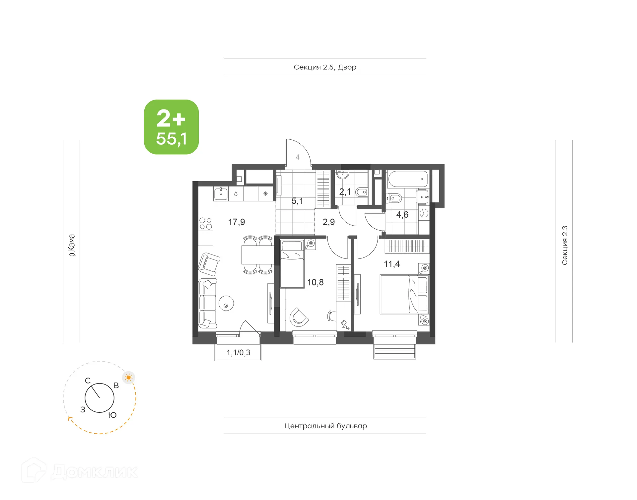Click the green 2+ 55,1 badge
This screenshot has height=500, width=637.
pyautogui.click(x=171, y=127)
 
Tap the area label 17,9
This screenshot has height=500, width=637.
pyautogui.click(x=237, y=222)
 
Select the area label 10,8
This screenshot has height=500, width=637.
pyautogui.click(x=315, y=282)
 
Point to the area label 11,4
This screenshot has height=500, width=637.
pyautogui.click(x=392, y=264)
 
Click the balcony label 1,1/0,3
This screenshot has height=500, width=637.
pyautogui.click(x=238, y=353)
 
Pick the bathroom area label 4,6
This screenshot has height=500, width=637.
pyautogui.click(x=402, y=215)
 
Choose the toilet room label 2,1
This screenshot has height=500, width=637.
pyautogui.click(x=345, y=192)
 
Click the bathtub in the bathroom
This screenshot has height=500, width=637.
pyautogui.click(x=408, y=179)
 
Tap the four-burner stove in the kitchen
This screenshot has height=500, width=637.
pyautogui.click(x=206, y=224)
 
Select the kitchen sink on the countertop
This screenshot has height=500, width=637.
pyautogui.click(x=221, y=193)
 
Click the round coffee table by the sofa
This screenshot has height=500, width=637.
pyautogui.click(x=226, y=303)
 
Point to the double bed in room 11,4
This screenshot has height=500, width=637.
pyautogui.click(x=404, y=294)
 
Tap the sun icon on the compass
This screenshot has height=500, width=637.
pyautogui.click(x=129, y=378)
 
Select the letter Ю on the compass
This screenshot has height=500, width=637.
pyautogui.click(x=112, y=415)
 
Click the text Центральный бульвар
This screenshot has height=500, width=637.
pyautogui.click(x=325, y=426)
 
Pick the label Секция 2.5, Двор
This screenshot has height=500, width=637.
pyautogui.click(x=325, y=67)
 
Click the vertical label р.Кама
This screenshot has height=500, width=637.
pyautogui.click(x=72, y=245)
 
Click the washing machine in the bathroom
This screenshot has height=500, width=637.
pyautogui.click(x=424, y=213)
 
